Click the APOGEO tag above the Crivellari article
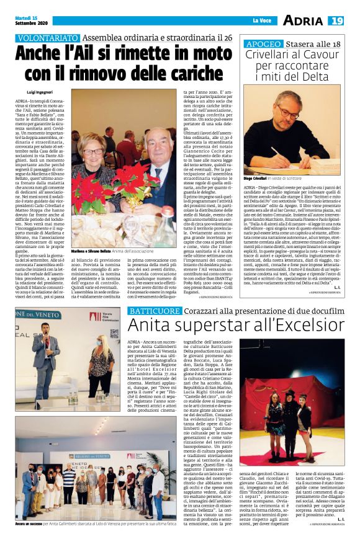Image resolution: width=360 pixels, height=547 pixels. pyautogui.click(x=263, y=45)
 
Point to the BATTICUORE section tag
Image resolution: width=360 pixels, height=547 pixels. pyautogui.click(x=153, y=310)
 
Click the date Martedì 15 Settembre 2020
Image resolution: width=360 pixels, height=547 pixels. pyautogui.click(x=27, y=21)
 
